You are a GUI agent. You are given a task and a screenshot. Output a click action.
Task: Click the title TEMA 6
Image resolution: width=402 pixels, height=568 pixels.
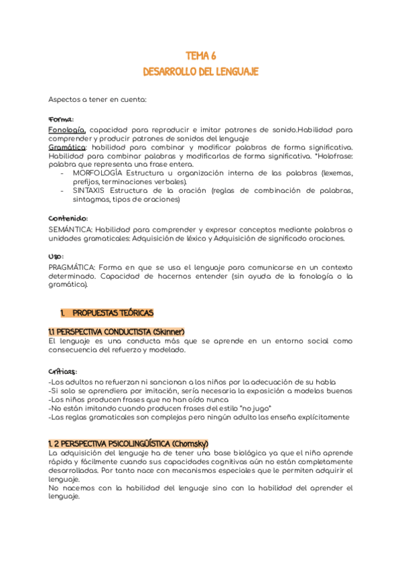tap(200, 56)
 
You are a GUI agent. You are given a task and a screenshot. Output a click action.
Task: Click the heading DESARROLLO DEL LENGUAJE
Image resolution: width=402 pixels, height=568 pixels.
tap(200, 71)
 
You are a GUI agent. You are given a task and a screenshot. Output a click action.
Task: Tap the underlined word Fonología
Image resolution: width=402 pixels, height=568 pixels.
tap(67, 129)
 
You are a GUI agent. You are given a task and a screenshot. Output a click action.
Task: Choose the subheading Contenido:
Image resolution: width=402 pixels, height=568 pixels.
tap(68, 218)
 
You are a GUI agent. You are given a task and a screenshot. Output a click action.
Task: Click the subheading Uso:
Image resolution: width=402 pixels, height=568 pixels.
tap(56, 257)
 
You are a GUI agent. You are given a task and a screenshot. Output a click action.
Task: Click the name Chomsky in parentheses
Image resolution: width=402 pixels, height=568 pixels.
tap(190, 443)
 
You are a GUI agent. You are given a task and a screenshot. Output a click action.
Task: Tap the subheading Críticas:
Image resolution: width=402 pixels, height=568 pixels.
tap(63, 371)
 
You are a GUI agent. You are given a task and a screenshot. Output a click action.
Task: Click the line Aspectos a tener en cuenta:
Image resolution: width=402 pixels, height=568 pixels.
tap(97, 99)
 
